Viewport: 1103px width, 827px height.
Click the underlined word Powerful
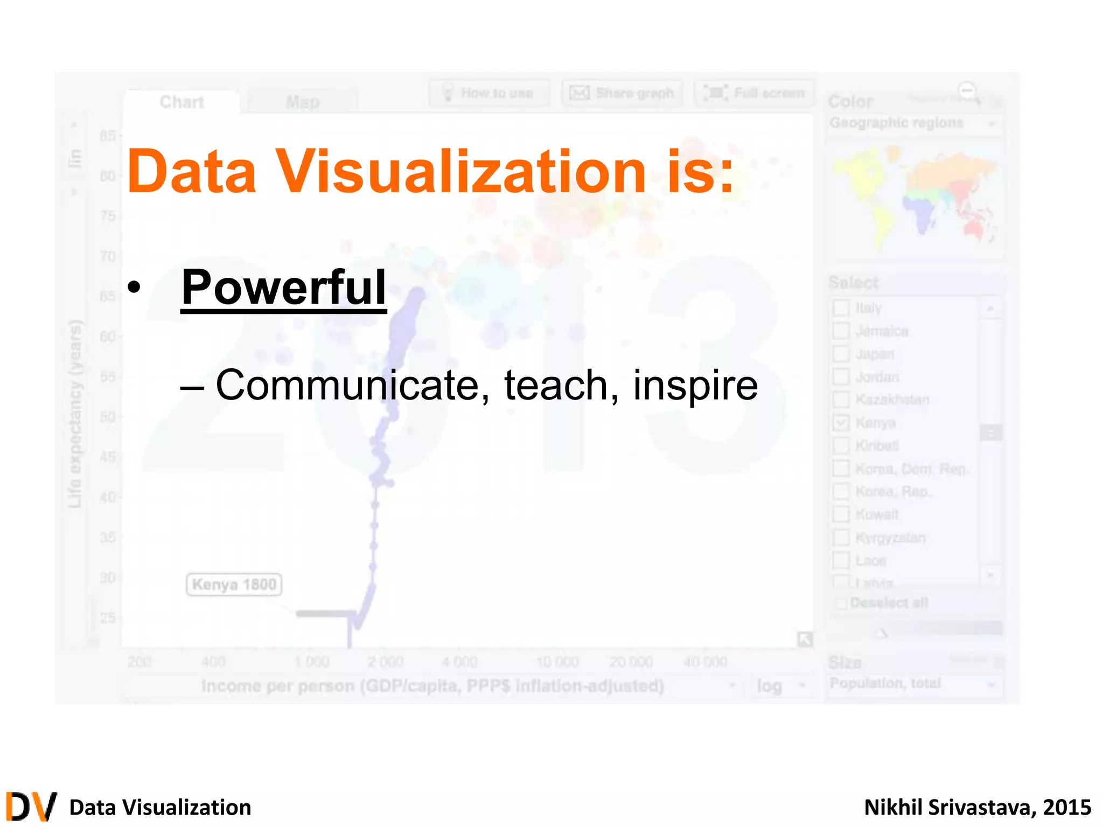[x=283, y=288]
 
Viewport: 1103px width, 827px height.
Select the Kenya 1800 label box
[x=234, y=585]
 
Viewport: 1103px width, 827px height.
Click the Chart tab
[x=181, y=102]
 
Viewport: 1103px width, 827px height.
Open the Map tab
[x=302, y=102]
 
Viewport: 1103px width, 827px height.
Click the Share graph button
[x=622, y=93]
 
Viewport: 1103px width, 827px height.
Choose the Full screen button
[x=754, y=93]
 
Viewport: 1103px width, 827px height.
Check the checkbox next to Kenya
[x=841, y=423]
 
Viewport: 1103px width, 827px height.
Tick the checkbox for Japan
[x=841, y=354]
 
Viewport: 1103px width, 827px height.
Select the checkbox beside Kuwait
[x=841, y=514]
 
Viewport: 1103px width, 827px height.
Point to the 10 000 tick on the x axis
[x=557, y=662]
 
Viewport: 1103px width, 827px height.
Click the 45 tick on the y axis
[x=108, y=457]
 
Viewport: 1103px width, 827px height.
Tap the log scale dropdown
[x=780, y=686]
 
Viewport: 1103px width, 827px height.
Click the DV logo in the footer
[x=31, y=807]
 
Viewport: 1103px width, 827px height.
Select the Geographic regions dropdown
[x=912, y=123]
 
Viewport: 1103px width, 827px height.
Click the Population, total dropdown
[x=912, y=684]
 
